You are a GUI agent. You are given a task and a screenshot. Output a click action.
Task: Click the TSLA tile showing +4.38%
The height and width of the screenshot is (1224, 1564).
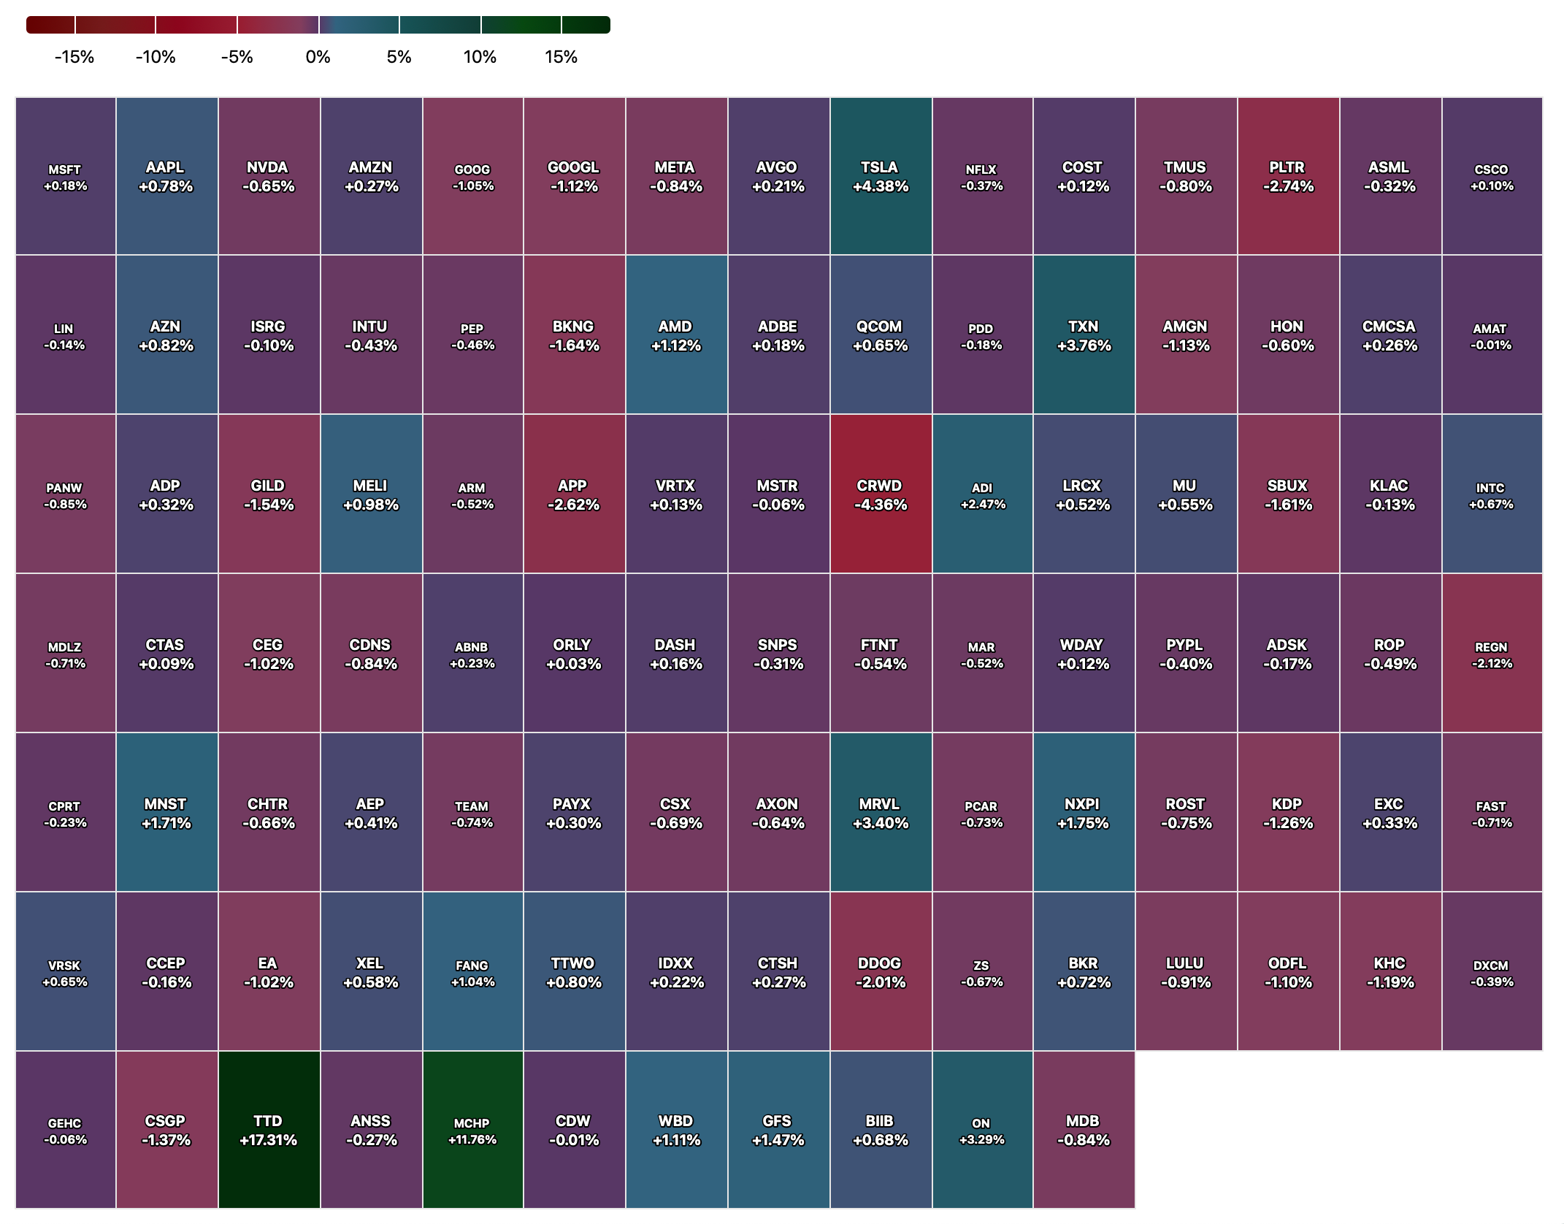click(881, 176)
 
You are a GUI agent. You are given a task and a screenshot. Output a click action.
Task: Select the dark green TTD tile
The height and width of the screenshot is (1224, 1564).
click(269, 1129)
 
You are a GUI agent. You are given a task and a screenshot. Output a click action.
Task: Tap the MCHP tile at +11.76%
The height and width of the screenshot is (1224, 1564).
click(472, 1129)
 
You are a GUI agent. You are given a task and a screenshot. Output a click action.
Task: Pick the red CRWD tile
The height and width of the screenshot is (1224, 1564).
click(881, 494)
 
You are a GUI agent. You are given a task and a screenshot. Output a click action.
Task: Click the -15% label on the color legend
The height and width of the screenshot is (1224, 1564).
click(74, 57)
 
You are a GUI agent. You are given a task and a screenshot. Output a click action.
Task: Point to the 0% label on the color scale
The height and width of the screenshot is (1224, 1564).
click(318, 57)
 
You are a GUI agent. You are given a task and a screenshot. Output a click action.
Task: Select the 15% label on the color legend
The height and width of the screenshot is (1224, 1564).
click(561, 57)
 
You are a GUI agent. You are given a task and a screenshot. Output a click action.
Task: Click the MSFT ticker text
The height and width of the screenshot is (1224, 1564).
click(64, 169)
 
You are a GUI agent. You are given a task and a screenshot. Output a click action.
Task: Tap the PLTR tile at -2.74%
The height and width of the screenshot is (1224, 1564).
click(1288, 176)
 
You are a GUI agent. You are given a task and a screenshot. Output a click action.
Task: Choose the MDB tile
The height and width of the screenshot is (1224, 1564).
click(1084, 1129)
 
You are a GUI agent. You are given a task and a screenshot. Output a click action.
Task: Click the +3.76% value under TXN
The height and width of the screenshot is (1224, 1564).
click(1084, 345)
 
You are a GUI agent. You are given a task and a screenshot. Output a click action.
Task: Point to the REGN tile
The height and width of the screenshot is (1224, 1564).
click(1492, 653)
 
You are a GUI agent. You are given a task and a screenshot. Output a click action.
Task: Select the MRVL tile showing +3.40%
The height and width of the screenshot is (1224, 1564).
click(881, 812)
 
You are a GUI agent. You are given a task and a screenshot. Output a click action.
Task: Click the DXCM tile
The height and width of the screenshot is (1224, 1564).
click(1492, 971)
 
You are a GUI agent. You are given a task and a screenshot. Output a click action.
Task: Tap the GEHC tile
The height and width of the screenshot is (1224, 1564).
click(65, 1129)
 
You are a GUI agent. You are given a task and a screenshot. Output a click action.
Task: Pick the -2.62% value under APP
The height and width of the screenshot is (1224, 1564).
click(573, 505)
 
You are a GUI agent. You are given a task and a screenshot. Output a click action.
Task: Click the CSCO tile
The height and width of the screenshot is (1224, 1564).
click(1492, 176)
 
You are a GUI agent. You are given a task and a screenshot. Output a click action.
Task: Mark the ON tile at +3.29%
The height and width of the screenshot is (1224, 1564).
click(982, 1129)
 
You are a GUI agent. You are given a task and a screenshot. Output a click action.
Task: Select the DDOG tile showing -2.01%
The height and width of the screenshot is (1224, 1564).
click(881, 971)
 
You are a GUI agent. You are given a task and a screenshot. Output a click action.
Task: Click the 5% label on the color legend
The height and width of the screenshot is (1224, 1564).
click(399, 57)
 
